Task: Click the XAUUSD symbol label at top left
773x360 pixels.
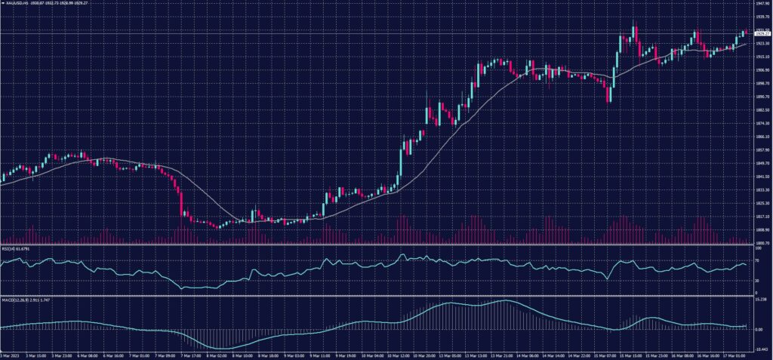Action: (17, 3)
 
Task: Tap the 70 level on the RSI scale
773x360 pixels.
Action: (756, 259)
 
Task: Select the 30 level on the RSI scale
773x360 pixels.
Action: (756, 280)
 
